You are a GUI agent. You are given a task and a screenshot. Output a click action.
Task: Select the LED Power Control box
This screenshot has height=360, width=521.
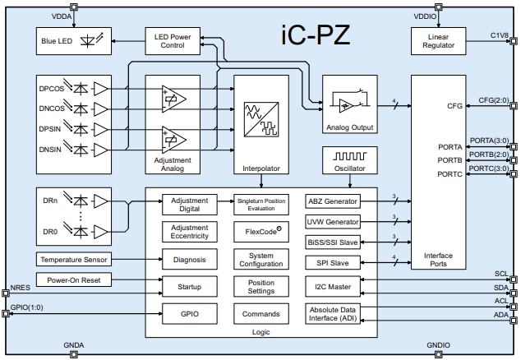pos(171,39)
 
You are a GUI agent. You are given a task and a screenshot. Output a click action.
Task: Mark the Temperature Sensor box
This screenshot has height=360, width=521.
pos(71,260)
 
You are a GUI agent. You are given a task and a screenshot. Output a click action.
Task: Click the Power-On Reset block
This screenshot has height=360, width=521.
pos(71,279)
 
